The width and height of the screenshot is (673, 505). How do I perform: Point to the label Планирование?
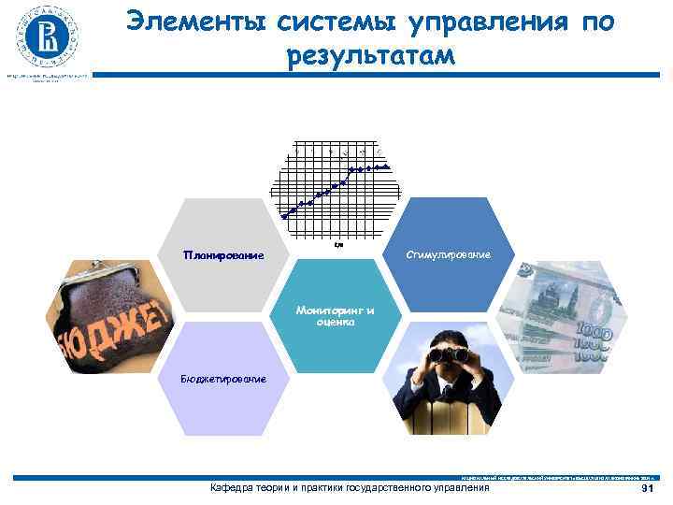(223, 255)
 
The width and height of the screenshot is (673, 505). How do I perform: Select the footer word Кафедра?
(235, 488)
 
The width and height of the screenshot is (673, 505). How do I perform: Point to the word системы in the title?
(318, 22)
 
